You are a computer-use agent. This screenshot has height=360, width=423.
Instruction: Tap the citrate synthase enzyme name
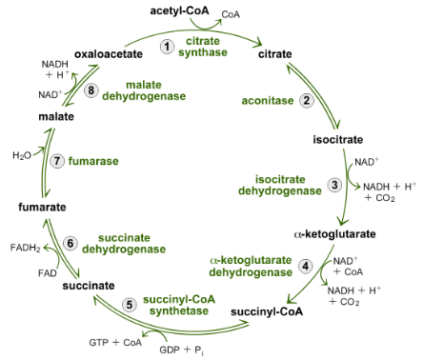(x=207, y=47)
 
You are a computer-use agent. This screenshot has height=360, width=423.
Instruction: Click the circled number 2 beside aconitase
(x=306, y=100)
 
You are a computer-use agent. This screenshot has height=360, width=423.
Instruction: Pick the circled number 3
(x=333, y=185)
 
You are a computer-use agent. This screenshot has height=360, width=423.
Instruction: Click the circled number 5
(x=130, y=305)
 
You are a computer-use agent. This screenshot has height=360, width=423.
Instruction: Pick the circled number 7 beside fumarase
(x=58, y=161)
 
